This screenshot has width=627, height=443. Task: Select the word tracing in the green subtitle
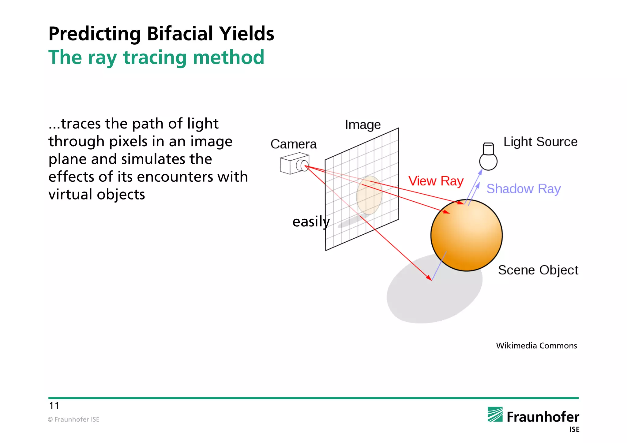(x=155, y=58)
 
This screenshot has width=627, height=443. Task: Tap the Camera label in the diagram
(x=293, y=144)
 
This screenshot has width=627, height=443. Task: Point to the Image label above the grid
(x=363, y=125)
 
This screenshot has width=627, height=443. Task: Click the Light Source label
(x=540, y=142)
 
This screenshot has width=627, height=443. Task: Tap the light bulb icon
(x=488, y=157)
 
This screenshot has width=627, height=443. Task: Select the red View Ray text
(x=436, y=181)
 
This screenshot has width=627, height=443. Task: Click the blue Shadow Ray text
(x=524, y=189)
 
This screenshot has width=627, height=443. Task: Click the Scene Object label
(x=538, y=270)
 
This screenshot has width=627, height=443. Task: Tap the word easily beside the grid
(x=311, y=221)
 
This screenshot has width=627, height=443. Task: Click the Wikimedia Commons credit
(x=536, y=346)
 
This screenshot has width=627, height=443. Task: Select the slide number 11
(x=54, y=406)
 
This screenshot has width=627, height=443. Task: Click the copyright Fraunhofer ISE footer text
(x=73, y=419)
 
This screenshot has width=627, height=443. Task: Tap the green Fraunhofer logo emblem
(x=495, y=415)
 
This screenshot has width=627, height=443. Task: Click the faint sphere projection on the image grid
(x=369, y=195)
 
